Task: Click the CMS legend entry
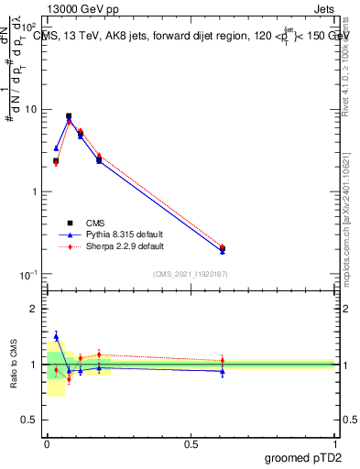[x=96, y=223]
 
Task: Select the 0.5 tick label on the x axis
[x=191, y=443]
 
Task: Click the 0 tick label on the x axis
[x=47, y=443]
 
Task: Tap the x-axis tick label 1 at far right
[x=335, y=443]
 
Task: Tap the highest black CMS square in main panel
[x=69, y=116]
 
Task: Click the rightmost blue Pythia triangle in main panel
[x=223, y=250]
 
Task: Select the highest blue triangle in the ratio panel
[x=56, y=336]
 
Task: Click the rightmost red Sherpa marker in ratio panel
[x=223, y=360]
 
